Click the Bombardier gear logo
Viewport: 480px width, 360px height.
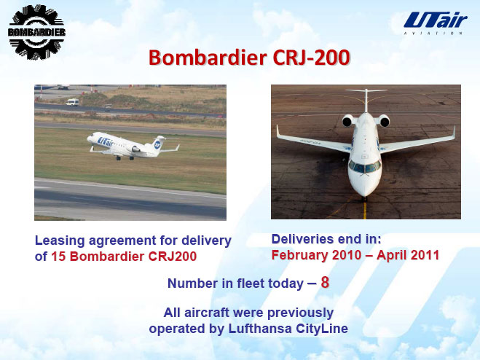(x=36, y=32)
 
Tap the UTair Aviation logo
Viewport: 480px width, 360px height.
(x=435, y=23)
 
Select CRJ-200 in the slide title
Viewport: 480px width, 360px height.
(x=311, y=58)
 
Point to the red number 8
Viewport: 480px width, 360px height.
(x=325, y=282)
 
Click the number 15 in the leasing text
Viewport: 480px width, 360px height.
(x=58, y=257)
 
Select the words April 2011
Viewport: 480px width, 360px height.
(x=408, y=255)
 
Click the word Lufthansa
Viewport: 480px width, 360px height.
(x=260, y=329)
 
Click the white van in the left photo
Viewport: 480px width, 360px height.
(x=72, y=102)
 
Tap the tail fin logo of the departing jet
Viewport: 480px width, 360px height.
(x=157, y=144)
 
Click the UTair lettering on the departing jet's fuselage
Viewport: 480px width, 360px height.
(x=106, y=141)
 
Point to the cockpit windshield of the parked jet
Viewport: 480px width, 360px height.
(x=364, y=168)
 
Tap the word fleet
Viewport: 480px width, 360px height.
(x=250, y=283)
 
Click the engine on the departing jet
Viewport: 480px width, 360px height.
(x=135, y=149)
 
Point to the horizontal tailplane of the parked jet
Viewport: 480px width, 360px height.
(x=366, y=90)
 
